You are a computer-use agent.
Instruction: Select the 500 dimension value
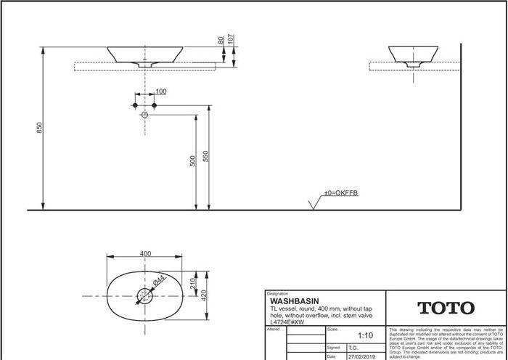(x=193, y=160)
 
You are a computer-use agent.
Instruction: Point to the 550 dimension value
(x=206, y=156)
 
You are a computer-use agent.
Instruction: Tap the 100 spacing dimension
(x=160, y=91)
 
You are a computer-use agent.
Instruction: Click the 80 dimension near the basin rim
(x=221, y=41)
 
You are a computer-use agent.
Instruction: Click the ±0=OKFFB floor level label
(x=341, y=193)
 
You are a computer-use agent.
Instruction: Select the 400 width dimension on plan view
(x=146, y=253)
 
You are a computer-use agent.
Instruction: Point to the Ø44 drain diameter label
(x=160, y=281)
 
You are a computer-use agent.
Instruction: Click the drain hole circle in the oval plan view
(x=144, y=296)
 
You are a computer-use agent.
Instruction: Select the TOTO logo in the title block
(x=445, y=308)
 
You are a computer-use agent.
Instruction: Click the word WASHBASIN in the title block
(x=294, y=300)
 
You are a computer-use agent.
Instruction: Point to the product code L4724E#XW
(x=287, y=322)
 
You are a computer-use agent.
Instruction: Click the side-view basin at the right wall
(x=414, y=55)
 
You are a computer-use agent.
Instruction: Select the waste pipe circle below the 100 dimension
(x=144, y=115)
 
